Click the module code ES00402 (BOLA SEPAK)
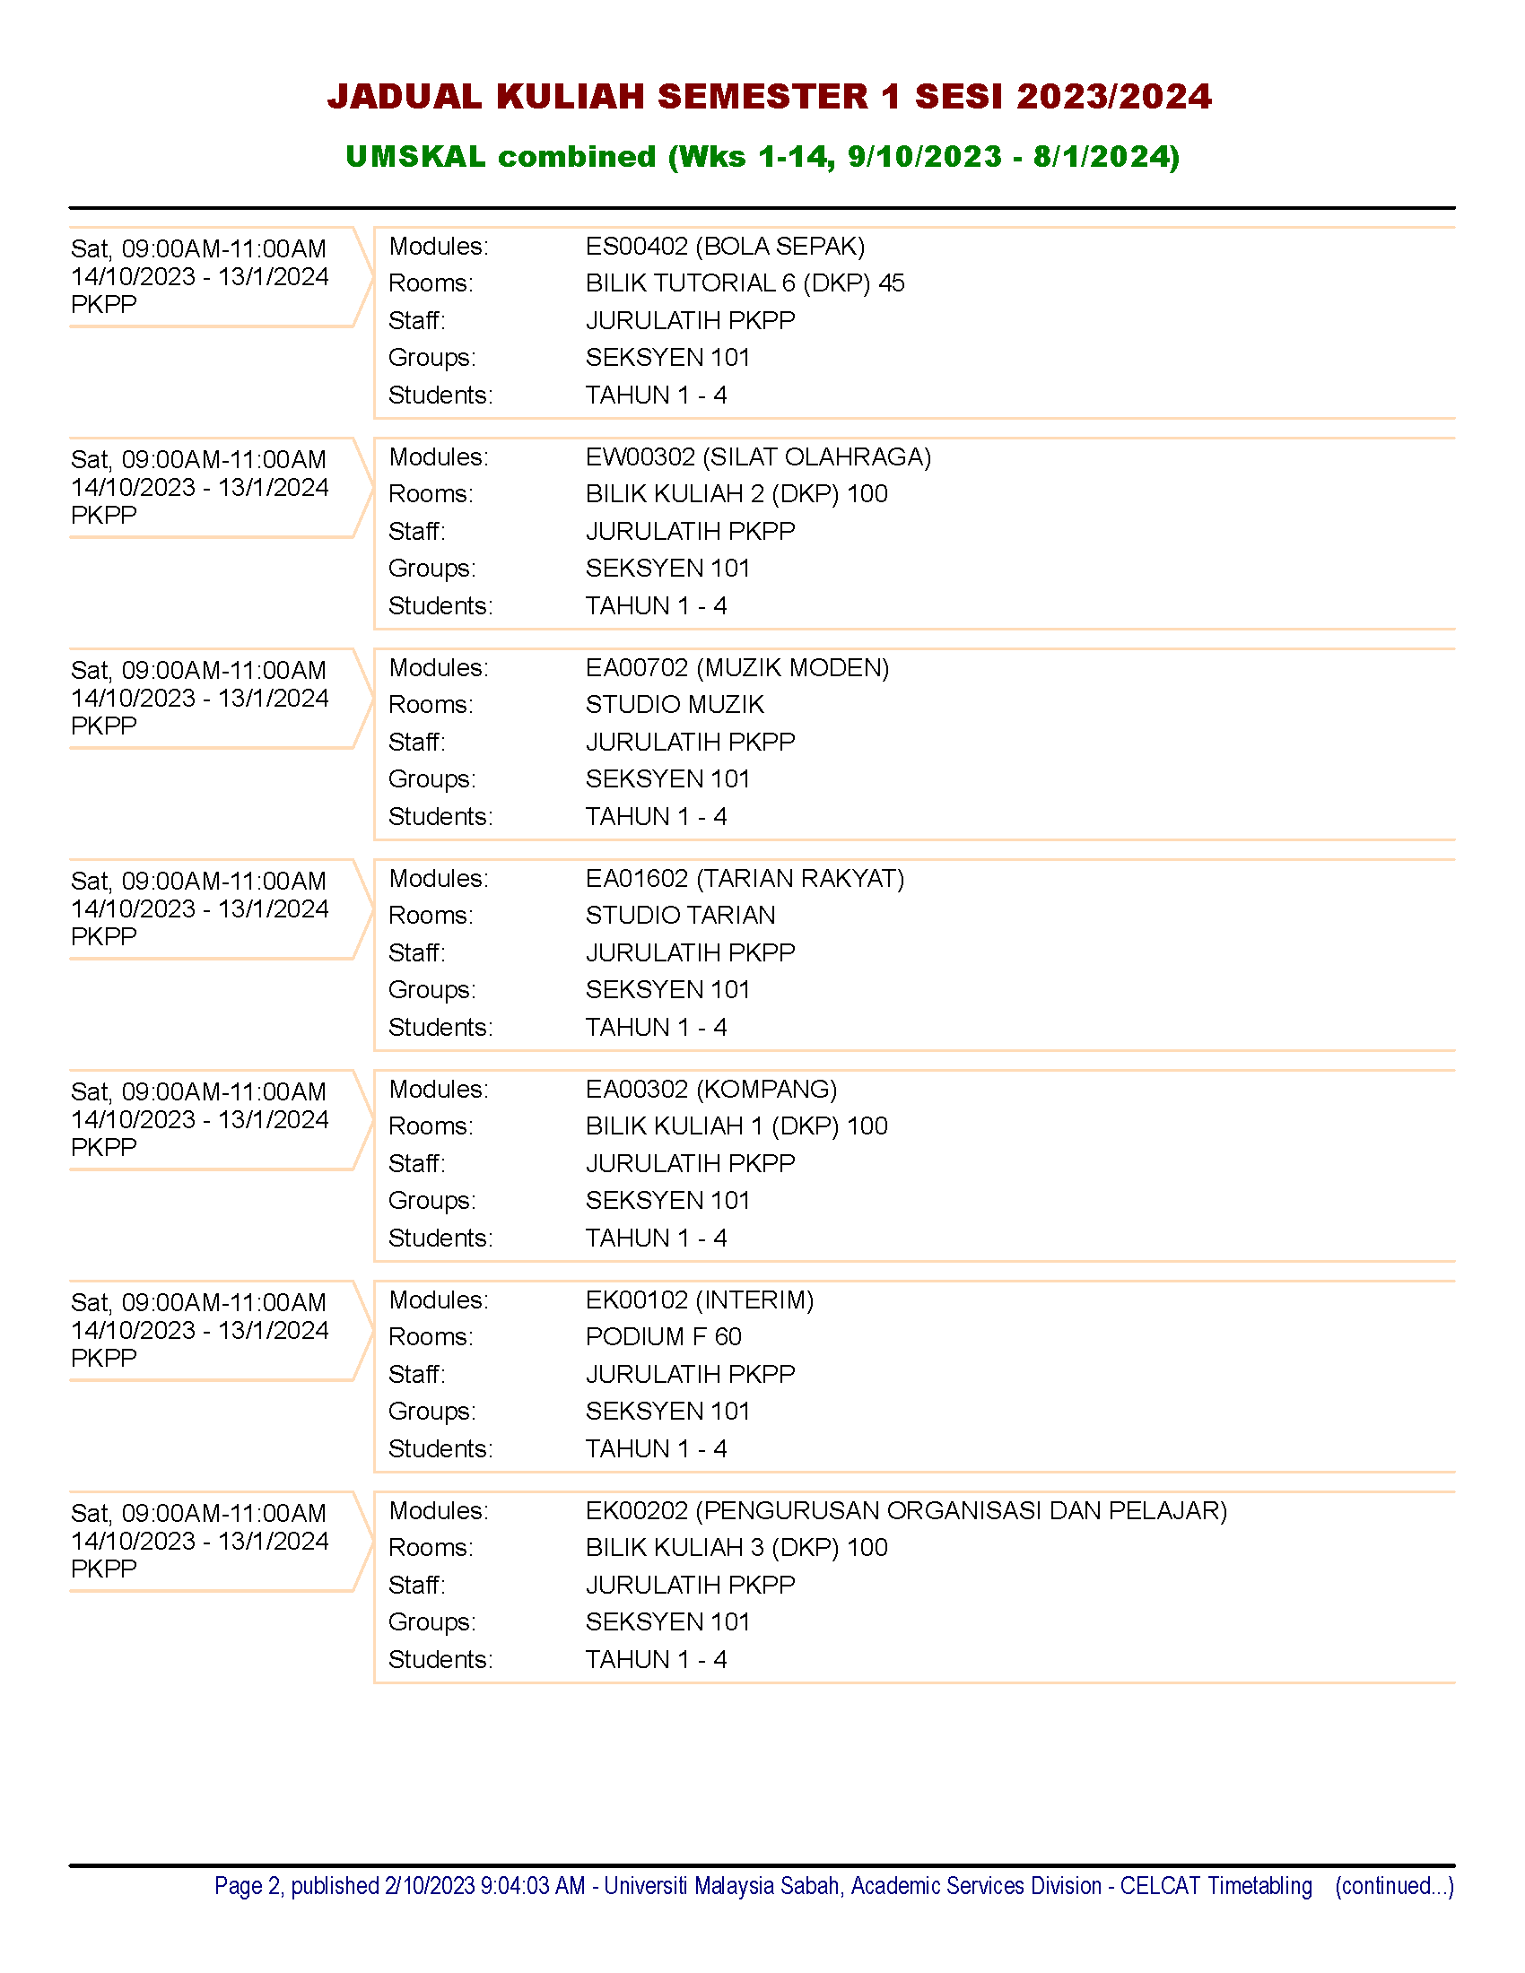[x=725, y=246]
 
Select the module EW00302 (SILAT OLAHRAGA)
[x=758, y=456]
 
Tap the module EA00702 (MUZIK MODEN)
[x=737, y=667]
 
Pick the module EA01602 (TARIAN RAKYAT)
[x=745, y=878]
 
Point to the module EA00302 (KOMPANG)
[x=711, y=1089]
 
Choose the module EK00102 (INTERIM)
[x=700, y=1299]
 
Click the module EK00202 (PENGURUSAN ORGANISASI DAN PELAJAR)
[x=906, y=1510]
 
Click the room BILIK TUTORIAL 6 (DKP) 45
[x=745, y=282]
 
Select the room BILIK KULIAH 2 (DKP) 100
[x=736, y=493]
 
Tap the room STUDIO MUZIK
[x=674, y=704]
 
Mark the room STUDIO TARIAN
[x=680, y=915]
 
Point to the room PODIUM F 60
[x=663, y=1336]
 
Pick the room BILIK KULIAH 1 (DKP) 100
[x=736, y=1126]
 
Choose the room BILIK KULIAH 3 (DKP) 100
[x=736, y=1548]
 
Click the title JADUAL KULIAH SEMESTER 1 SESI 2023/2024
[x=769, y=97]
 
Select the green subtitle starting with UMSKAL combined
[x=762, y=156]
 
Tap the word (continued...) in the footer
[x=1394, y=1885]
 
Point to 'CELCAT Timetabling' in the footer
[x=1216, y=1885]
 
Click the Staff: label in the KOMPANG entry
[x=416, y=1163]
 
